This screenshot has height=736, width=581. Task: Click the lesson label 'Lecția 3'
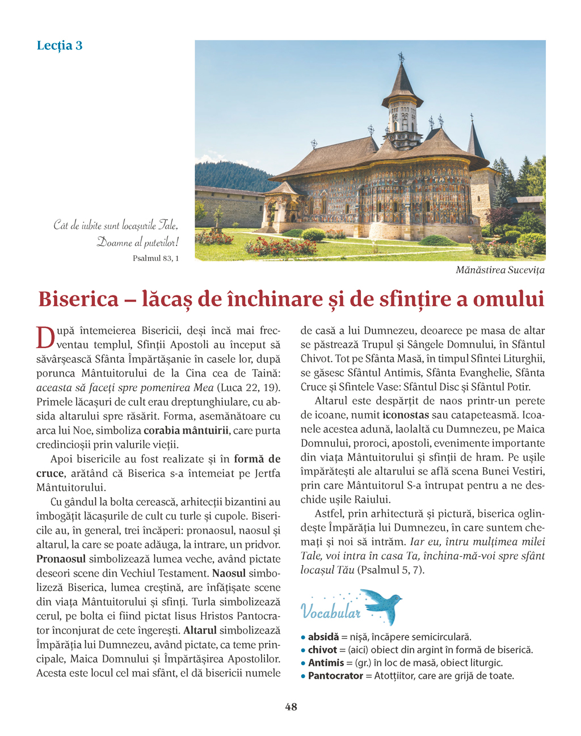(60, 45)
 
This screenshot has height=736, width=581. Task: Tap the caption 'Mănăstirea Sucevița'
(500, 270)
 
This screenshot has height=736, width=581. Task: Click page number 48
(290, 707)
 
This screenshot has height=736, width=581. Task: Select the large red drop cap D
(45, 338)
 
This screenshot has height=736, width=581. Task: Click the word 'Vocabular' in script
(330, 612)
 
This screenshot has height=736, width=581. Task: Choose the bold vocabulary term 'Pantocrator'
(335, 676)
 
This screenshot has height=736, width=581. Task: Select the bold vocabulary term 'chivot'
(323, 650)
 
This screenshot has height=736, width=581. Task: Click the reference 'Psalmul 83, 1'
(155, 258)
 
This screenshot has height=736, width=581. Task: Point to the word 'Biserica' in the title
(79, 299)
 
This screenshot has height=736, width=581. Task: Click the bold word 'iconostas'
(405, 415)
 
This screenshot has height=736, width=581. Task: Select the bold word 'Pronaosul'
(61, 559)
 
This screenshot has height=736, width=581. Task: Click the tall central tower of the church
(402, 108)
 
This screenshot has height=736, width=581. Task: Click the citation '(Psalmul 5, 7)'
(390, 570)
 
